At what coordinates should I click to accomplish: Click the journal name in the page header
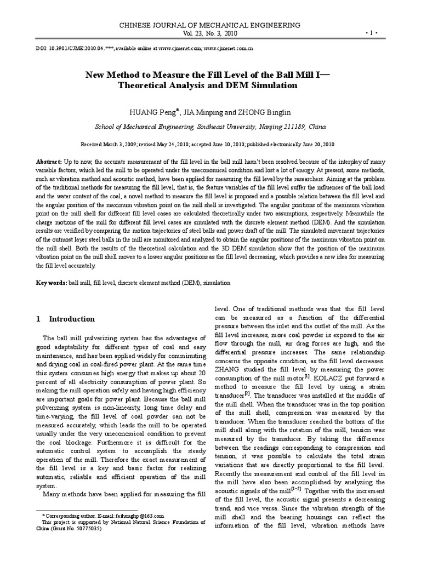(210, 25)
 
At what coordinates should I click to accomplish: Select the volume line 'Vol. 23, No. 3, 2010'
(210, 33)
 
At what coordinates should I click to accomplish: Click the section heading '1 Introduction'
(65, 319)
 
